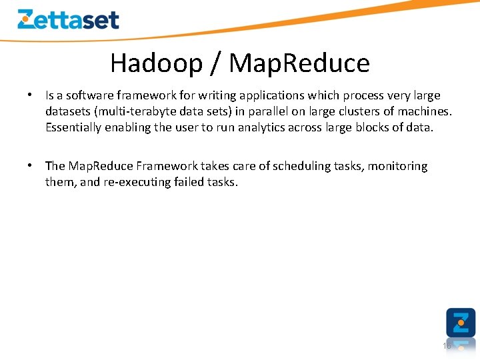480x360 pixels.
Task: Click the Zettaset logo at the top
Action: tap(68, 19)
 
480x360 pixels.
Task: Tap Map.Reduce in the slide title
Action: tap(299, 63)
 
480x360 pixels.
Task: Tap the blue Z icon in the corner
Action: tap(461, 323)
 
